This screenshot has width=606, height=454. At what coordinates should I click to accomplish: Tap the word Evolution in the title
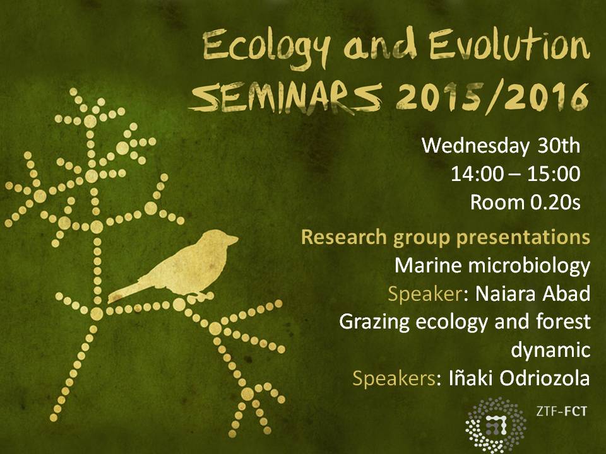509,44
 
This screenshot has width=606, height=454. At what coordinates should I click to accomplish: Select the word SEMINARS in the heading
285,98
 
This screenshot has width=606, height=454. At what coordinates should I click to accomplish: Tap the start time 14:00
477,174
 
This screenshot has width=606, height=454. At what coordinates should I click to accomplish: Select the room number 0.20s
555,202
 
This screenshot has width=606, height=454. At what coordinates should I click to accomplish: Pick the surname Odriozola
544,378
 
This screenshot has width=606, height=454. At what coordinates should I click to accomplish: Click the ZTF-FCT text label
561,411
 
